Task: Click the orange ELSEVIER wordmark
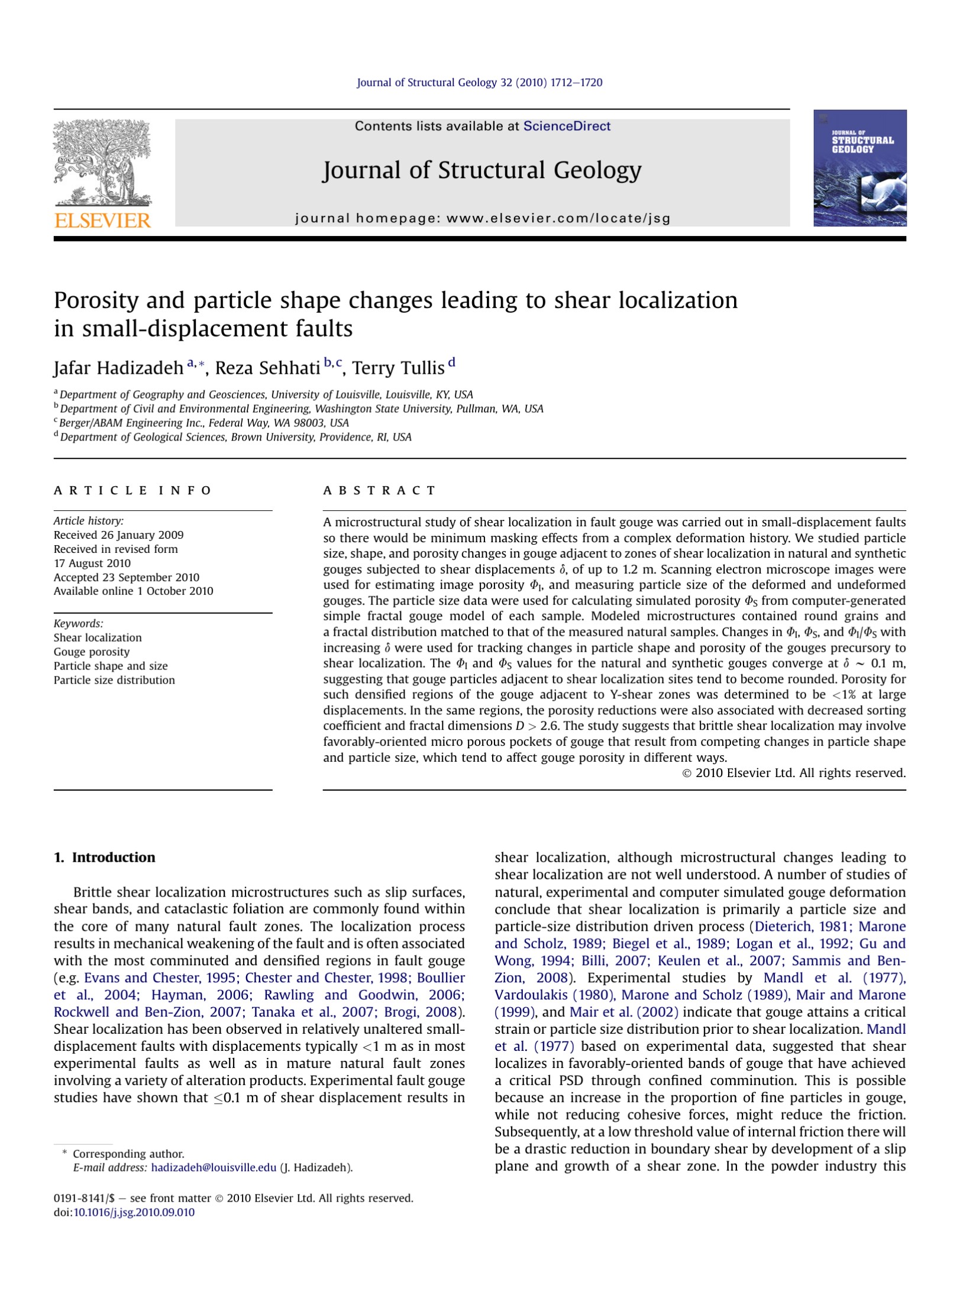102,221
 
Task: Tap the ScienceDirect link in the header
567,126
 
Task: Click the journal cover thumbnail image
859,168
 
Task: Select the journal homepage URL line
482,218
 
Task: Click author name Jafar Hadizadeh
118,368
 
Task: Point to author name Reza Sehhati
267,368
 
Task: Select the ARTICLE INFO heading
132,490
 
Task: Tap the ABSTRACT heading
379,490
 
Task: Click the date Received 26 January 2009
118,535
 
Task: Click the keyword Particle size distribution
114,680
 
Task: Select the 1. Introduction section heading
104,857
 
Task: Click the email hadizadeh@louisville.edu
214,1167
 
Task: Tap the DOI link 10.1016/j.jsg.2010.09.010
134,1212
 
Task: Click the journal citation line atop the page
479,83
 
